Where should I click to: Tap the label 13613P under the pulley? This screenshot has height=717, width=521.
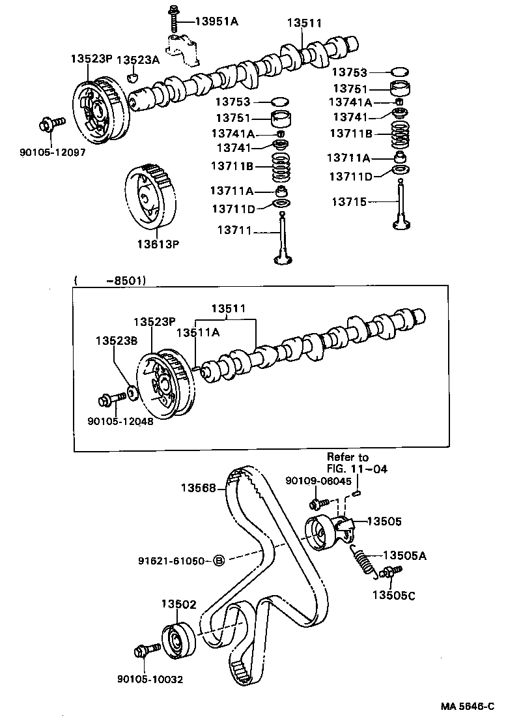pos(157,244)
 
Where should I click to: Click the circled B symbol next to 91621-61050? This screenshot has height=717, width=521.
pos(219,561)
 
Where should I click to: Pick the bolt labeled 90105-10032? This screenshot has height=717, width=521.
pos(146,650)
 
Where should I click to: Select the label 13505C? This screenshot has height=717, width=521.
pos(393,594)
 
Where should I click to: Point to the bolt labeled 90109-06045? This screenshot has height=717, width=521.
pos(317,503)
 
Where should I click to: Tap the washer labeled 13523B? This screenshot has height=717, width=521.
pos(131,392)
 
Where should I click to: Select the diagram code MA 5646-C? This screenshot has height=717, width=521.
pos(467,706)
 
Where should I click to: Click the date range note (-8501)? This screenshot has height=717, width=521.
pos(111,280)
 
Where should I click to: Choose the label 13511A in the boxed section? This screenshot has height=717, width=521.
pos(199,332)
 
